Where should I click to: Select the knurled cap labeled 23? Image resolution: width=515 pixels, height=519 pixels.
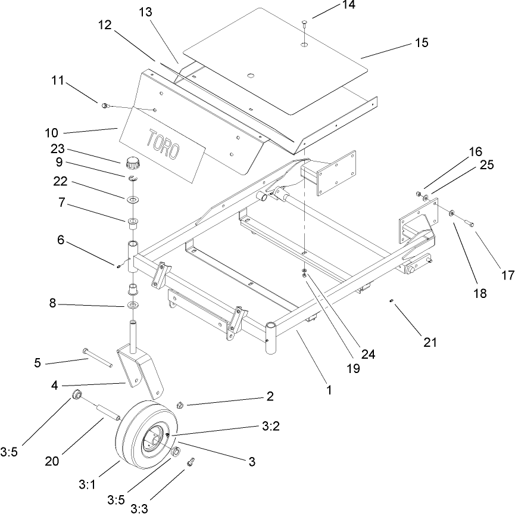click(x=132, y=162)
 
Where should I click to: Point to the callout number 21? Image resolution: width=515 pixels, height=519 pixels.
click(x=430, y=342)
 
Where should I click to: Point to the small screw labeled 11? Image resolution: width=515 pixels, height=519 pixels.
click(x=105, y=105)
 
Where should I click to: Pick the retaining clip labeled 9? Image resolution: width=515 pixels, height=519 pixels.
click(x=132, y=178)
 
